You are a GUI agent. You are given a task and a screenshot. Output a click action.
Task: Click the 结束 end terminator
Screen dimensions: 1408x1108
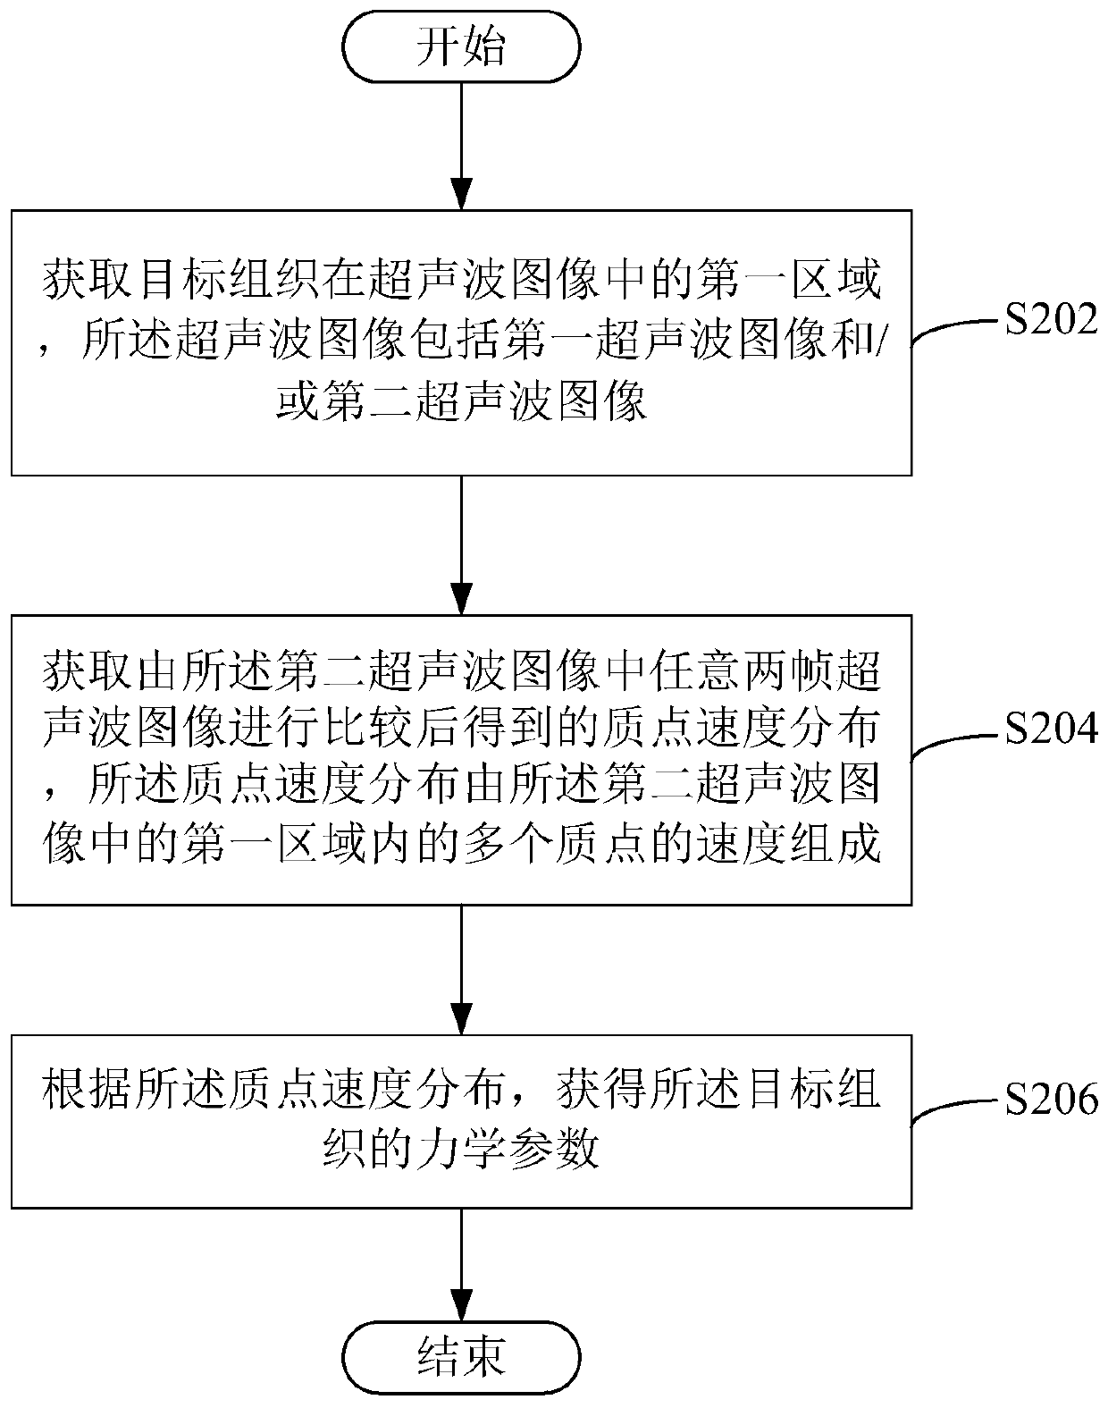(x=461, y=1355)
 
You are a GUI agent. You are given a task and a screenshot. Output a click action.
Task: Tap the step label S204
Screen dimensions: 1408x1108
(x=1050, y=730)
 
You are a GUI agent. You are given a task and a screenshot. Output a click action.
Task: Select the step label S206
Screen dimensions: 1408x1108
(x=1050, y=1099)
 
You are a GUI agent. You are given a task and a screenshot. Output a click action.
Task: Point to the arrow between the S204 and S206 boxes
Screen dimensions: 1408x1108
(x=461, y=969)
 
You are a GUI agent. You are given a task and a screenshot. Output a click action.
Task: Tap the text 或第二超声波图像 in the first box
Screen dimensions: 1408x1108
(x=461, y=404)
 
